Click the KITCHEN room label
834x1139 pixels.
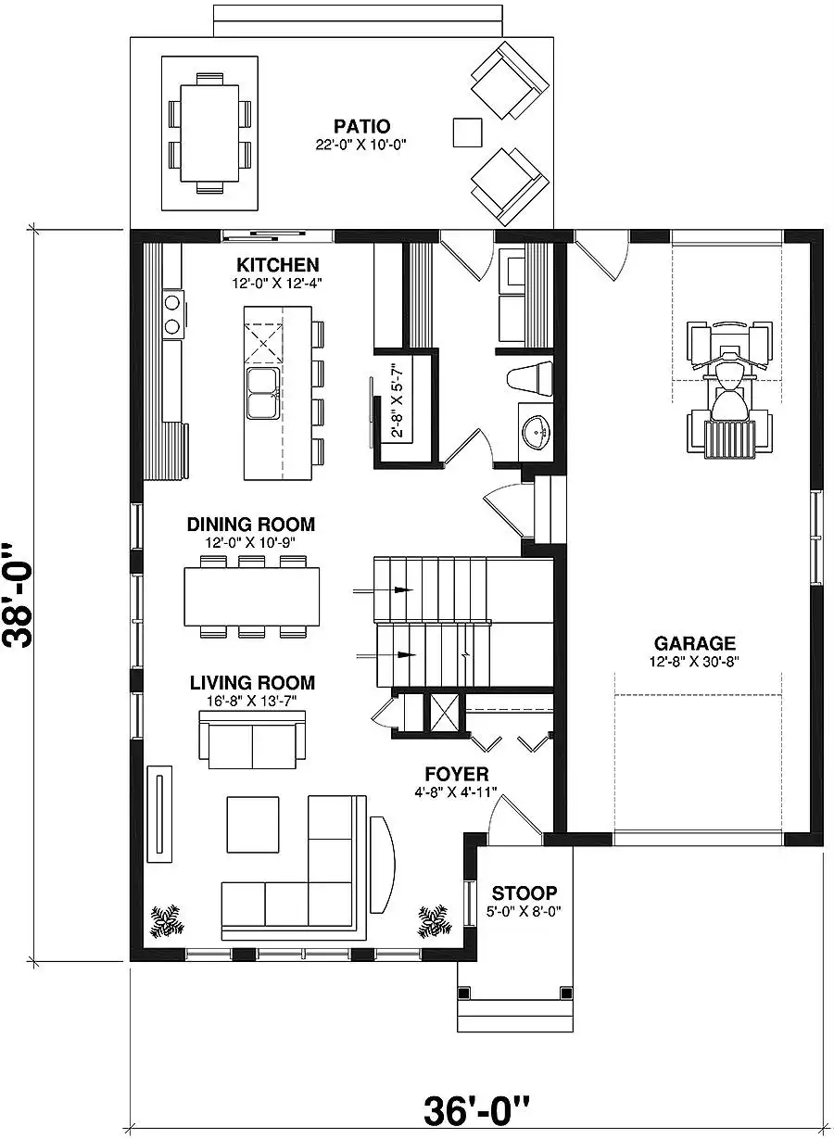click(x=278, y=265)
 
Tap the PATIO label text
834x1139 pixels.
click(x=361, y=126)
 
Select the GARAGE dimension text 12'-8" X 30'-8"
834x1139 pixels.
click(x=694, y=662)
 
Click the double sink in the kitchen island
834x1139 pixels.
click(x=262, y=393)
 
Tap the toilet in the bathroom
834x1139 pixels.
click(x=529, y=378)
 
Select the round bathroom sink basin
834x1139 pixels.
click(x=537, y=433)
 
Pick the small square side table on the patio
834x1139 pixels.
click(x=467, y=133)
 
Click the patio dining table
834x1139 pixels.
click(x=209, y=133)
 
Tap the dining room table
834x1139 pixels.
click(x=252, y=597)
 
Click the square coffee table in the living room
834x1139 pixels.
click(x=253, y=824)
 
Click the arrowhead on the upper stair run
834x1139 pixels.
click(x=403, y=589)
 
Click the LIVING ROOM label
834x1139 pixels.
click(x=252, y=682)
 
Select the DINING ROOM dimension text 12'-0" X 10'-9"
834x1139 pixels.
click(x=250, y=542)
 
